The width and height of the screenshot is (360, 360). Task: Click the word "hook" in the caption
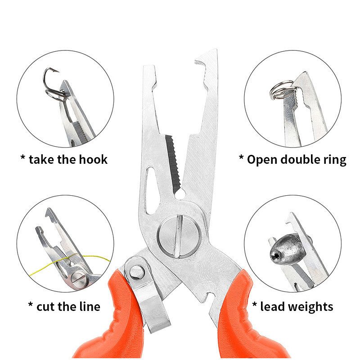tap(93, 160)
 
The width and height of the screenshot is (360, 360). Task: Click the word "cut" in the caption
tap(45, 306)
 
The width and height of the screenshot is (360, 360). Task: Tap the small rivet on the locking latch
tap(137, 272)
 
